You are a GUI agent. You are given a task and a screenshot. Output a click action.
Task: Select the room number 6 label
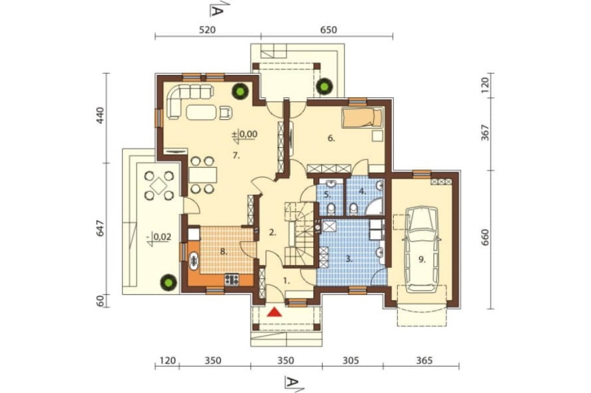(330, 139)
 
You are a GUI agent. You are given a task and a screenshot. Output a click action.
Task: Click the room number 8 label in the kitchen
(223, 252)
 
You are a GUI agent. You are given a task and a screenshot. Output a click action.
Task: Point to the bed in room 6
(362, 117)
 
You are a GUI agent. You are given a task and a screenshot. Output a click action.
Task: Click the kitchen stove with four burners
(232, 279)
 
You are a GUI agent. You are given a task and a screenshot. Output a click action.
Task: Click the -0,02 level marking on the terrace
(160, 238)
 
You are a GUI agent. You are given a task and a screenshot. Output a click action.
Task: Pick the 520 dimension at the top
(207, 30)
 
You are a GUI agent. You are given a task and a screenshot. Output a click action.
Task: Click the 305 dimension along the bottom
(351, 361)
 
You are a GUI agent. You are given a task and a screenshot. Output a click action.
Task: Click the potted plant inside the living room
(240, 91)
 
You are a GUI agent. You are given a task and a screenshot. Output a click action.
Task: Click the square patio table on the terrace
(159, 185)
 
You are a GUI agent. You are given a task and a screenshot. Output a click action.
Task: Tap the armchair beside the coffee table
(225, 112)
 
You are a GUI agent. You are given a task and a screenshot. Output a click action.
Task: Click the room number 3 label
(349, 259)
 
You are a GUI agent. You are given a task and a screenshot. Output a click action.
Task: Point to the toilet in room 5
(332, 208)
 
